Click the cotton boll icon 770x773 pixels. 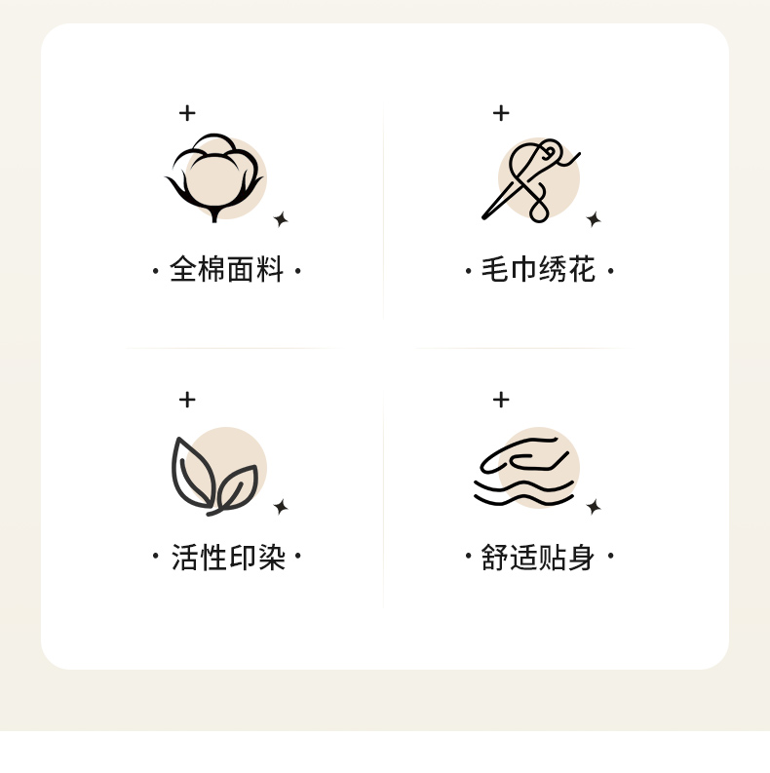(214, 177)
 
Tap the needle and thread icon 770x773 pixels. (531, 181)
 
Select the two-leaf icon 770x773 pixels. (214, 477)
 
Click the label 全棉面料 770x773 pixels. (227, 269)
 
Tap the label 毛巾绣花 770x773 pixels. (538, 269)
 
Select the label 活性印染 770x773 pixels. (228, 557)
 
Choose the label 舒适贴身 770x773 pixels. (538, 557)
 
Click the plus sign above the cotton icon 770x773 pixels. (187, 113)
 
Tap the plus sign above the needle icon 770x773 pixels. (501, 113)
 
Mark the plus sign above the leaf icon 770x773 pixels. (187, 400)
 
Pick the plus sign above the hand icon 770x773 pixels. (501, 400)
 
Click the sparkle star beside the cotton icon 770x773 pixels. (281, 219)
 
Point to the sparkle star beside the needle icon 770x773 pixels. (594, 219)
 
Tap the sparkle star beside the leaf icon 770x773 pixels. (281, 507)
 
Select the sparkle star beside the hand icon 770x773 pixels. (594, 507)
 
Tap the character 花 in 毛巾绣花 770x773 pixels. (582, 269)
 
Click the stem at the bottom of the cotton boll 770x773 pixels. (214, 215)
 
